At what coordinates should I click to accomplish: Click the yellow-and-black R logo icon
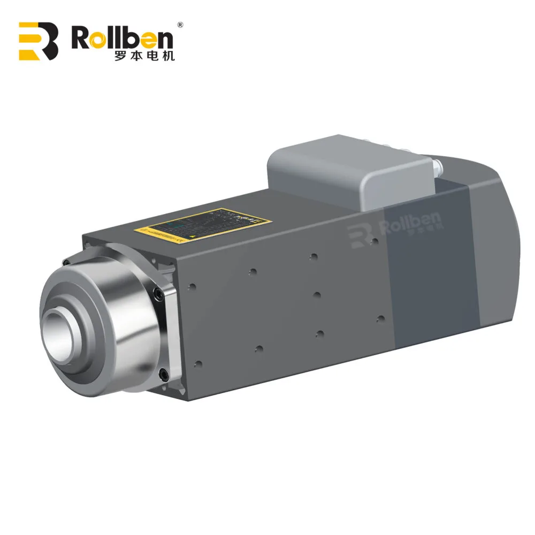point(38,41)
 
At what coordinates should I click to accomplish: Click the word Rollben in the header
point(123,39)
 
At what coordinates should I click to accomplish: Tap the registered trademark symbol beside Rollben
point(180,25)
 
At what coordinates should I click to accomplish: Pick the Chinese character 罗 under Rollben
point(121,56)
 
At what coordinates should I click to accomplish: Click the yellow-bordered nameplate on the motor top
point(204,224)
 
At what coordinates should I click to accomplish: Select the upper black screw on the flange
point(157,293)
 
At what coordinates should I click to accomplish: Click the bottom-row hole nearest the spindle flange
point(198,364)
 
